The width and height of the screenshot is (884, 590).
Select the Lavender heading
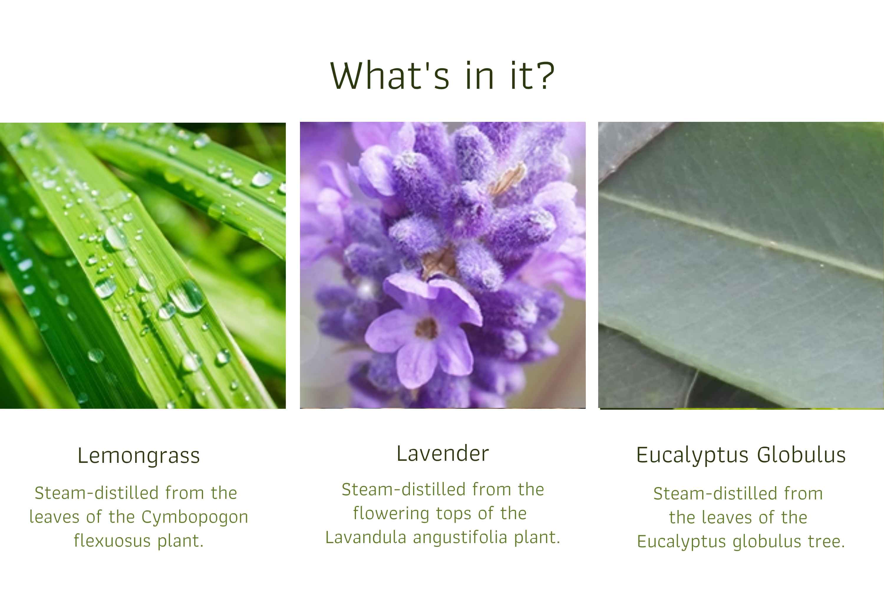coord(443,453)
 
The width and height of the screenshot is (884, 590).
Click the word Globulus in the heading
coord(801,455)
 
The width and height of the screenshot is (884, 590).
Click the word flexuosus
coord(112,541)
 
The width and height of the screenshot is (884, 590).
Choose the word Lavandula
coord(366,537)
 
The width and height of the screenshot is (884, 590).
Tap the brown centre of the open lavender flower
coord(426,328)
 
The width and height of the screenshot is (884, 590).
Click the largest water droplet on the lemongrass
coord(187,297)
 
